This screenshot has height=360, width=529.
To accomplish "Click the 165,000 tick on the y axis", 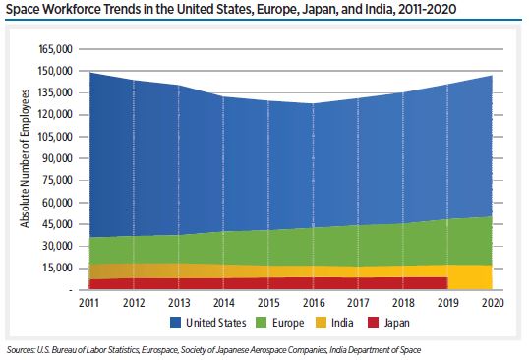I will coord(57,49).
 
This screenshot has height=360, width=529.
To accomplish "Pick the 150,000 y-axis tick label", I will coord(57,71).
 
